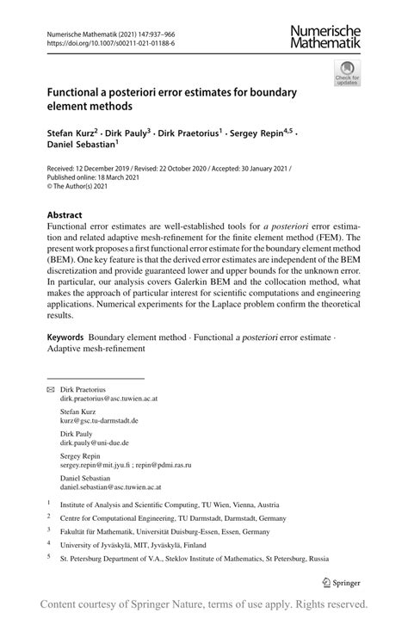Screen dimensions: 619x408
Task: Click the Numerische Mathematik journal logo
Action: (x=326, y=37)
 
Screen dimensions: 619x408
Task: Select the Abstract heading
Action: (x=65, y=214)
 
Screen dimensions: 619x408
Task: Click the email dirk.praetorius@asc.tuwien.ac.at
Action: (x=108, y=399)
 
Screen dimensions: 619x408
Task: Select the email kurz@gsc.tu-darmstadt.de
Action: (x=98, y=421)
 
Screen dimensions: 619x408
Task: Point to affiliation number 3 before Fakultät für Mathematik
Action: (x=49, y=531)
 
